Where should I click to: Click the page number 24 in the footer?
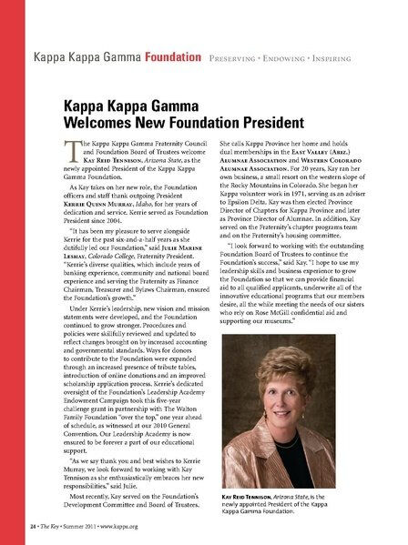(31, 527)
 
